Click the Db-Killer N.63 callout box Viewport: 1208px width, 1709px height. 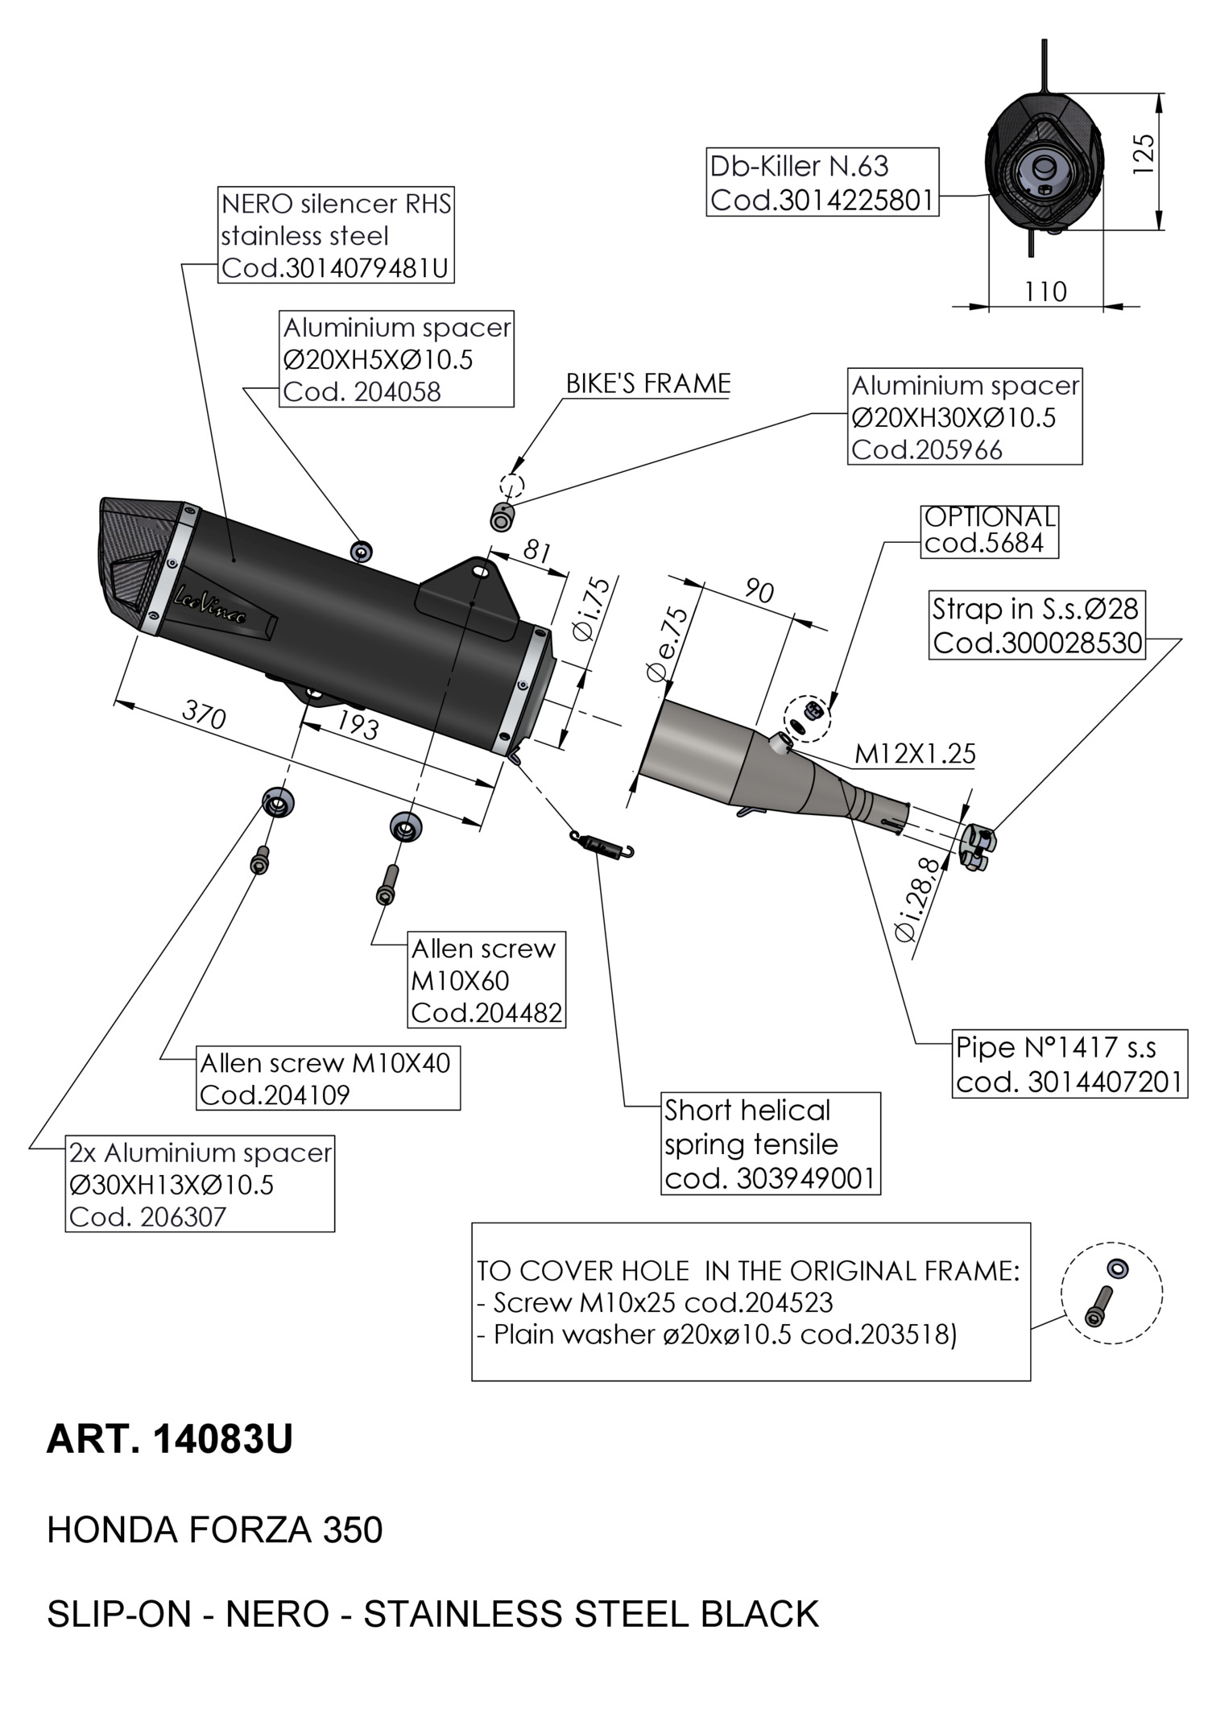click(x=822, y=182)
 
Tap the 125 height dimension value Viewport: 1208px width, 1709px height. click(x=1143, y=152)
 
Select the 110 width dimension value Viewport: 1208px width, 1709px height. click(x=1045, y=292)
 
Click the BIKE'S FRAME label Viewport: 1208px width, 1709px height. click(x=647, y=383)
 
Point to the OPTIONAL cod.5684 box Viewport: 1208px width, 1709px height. click(x=989, y=531)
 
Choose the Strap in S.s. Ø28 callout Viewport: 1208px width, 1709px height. click(x=1036, y=626)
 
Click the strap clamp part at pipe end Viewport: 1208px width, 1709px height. click(x=980, y=848)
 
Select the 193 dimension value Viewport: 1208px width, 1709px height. click(x=357, y=726)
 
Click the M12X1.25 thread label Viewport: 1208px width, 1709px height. click(x=914, y=755)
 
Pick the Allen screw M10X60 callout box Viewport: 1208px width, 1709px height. click(x=486, y=980)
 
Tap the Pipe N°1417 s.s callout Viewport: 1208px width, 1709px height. click(x=1069, y=1064)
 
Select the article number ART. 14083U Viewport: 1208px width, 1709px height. click(x=170, y=1439)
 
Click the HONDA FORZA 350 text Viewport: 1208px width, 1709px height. click(x=214, y=1529)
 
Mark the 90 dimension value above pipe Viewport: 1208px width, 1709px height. click(x=759, y=592)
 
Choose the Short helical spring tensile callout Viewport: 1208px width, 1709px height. click(x=770, y=1144)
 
